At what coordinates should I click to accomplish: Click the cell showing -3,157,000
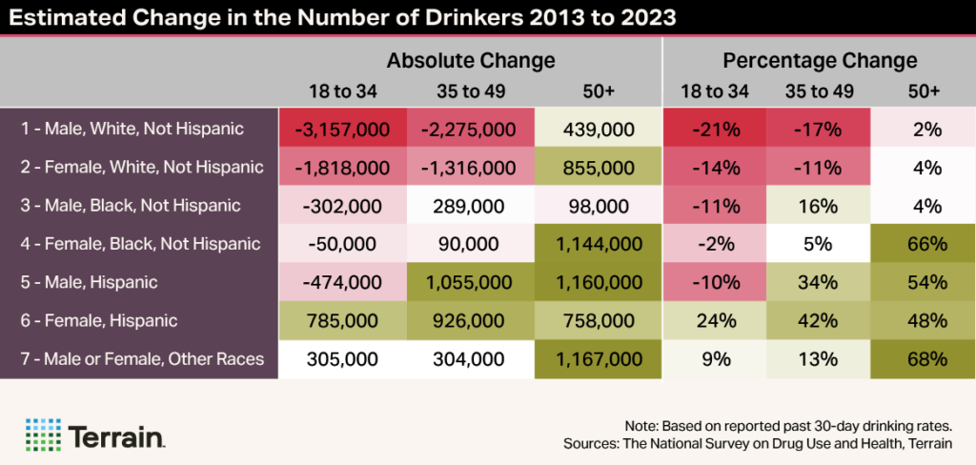(342, 128)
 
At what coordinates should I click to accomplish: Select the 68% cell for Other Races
(925, 359)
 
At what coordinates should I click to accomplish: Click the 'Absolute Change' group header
(470, 61)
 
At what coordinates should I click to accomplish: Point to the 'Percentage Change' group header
(820, 61)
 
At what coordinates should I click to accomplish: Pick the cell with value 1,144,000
(598, 244)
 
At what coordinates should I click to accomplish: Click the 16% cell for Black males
(820, 205)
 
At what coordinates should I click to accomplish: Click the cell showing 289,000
(471, 205)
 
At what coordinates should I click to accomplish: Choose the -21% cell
(715, 128)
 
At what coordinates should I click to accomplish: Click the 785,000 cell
(342, 321)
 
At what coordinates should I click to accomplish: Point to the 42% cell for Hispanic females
(820, 321)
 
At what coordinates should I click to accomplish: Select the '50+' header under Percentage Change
(925, 91)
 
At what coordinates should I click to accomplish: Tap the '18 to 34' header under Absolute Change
(342, 91)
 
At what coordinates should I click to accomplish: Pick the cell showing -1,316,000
(471, 167)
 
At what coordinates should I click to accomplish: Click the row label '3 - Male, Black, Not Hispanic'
(125, 205)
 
